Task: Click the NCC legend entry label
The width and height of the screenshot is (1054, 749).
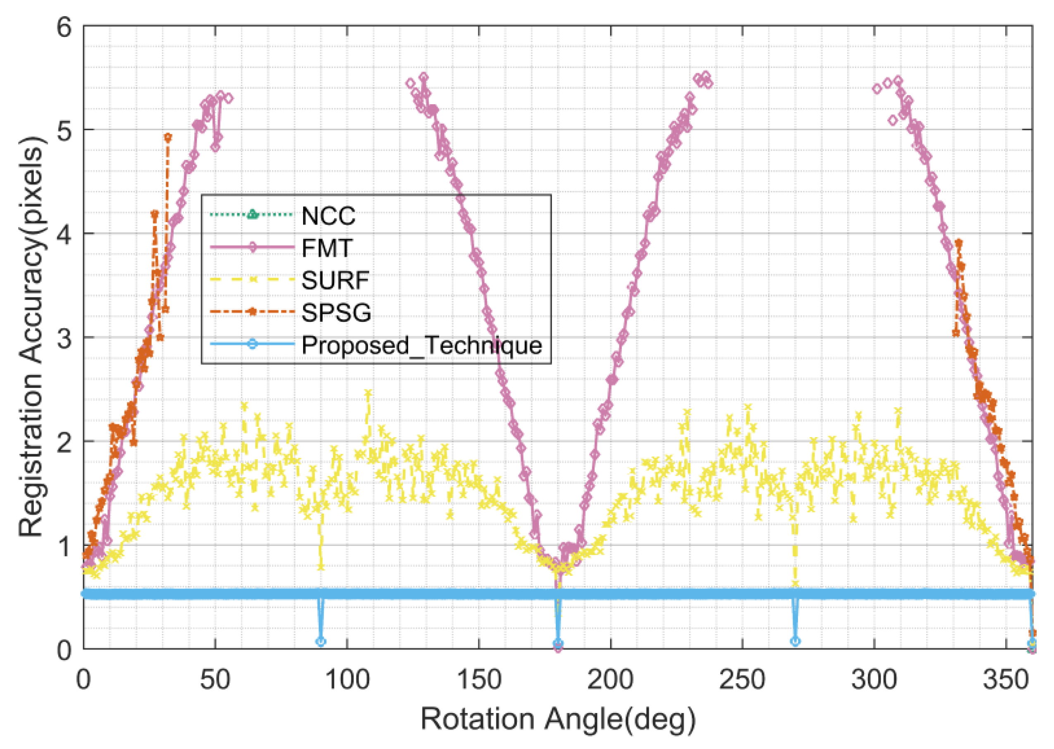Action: click(x=328, y=215)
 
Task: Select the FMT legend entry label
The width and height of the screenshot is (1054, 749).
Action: click(x=327, y=248)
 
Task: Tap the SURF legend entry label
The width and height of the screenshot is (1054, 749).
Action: click(x=335, y=280)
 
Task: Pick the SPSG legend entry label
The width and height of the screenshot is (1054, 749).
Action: click(x=336, y=313)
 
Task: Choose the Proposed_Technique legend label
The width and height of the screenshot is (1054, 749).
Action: click(x=421, y=345)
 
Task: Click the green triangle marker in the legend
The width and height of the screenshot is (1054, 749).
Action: click(x=252, y=215)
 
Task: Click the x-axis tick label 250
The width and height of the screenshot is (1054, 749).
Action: click(x=742, y=680)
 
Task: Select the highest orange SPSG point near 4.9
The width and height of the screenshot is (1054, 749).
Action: click(x=168, y=137)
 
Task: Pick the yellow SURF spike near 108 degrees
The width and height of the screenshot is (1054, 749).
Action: click(x=368, y=393)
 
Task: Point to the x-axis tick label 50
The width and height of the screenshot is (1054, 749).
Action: click(x=215, y=680)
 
